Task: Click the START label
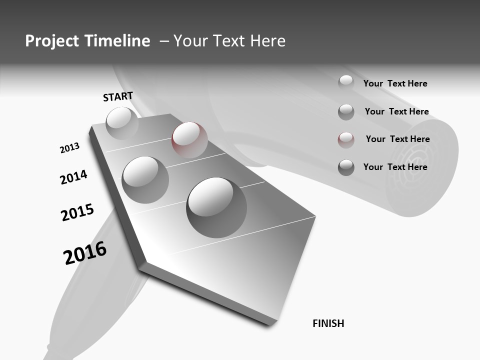click(x=118, y=96)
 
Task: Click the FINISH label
click(x=328, y=323)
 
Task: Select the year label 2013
click(x=69, y=148)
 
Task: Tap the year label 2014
click(x=73, y=177)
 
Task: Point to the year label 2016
click(x=85, y=253)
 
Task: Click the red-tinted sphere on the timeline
click(x=189, y=140)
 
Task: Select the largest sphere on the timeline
click(x=216, y=207)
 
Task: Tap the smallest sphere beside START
click(x=121, y=123)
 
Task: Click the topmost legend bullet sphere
click(x=346, y=83)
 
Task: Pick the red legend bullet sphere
click(x=346, y=139)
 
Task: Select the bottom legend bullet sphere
click(x=346, y=167)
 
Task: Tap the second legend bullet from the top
click(x=346, y=111)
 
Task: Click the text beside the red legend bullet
click(x=397, y=139)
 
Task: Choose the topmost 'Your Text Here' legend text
click(x=395, y=83)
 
